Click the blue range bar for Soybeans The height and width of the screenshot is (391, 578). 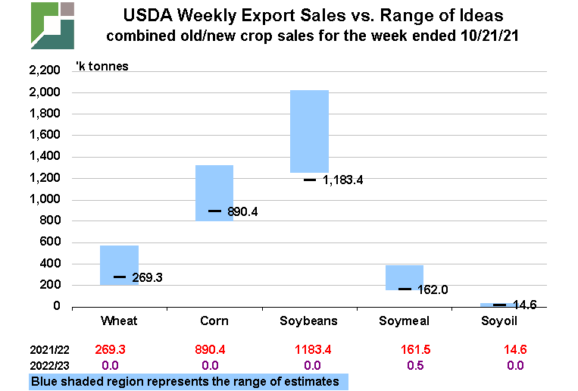tap(310, 131)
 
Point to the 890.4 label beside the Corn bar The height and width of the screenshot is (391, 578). tap(243, 211)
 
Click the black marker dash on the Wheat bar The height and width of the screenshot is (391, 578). tap(120, 277)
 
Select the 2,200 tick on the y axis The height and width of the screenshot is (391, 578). tap(44, 71)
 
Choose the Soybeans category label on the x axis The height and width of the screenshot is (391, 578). tap(310, 321)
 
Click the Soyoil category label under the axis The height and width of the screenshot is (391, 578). tap(500, 321)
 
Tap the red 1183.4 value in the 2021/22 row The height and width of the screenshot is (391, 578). tap(310, 351)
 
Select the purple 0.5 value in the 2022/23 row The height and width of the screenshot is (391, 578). tap(405, 364)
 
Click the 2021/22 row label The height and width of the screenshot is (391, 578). tap(49, 351)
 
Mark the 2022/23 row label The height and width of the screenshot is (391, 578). tap(49, 364)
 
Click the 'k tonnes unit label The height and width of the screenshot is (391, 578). tap(102, 66)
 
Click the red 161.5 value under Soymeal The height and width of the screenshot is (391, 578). tap(405, 351)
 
